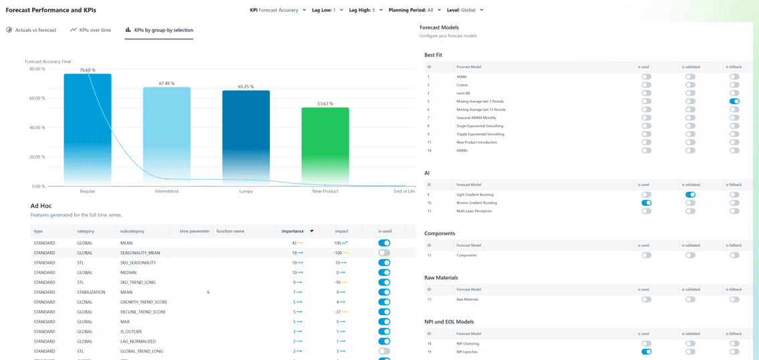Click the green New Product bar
tap(325, 146)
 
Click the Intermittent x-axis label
tap(166, 192)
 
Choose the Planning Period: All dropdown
tap(415, 10)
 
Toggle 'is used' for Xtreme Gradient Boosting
tap(646, 203)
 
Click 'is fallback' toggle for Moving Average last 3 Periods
tap(734, 102)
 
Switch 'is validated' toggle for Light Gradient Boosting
tap(690, 195)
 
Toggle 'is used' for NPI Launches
tap(646, 352)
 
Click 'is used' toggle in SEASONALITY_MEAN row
tap(384, 253)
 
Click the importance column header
tap(293, 231)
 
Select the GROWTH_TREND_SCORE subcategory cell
tap(144, 302)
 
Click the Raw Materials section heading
tap(441, 277)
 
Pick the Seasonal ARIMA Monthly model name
tap(476, 118)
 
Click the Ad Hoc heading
tap(41, 206)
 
